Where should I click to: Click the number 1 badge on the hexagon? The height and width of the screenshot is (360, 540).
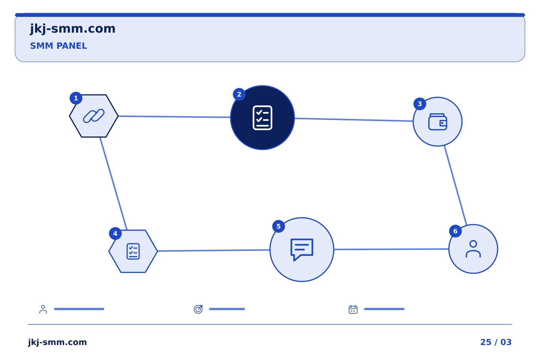[x=76, y=98]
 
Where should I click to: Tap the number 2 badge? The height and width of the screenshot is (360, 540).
[x=239, y=94]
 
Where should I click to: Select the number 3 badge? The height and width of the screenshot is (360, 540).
[x=420, y=104]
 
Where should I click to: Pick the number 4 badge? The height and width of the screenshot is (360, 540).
[x=115, y=233]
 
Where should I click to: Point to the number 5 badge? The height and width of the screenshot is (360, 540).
[x=278, y=226]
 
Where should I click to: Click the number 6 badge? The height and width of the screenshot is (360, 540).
[x=455, y=231]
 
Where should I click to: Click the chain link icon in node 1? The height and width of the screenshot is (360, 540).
[x=94, y=116]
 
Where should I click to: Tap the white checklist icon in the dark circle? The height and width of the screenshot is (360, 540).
[x=262, y=118]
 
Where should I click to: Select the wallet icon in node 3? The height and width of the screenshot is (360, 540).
[x=438, y=122]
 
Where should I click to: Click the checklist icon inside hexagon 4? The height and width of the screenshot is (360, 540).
[x=133, y=251]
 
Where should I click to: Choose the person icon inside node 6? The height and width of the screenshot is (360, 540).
[x=473, y=249]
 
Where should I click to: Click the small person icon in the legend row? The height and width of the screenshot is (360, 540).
[x=43, y=309]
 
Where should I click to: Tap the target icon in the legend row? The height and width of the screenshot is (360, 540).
[x=198, y=309]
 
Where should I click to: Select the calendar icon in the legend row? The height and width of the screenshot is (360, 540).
[x=353, y=309]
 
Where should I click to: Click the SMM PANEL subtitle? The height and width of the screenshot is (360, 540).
[x=58, y=46]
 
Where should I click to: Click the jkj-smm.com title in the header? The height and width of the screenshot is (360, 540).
[x=73, y=29]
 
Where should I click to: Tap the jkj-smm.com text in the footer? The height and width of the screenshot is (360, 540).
[x=57, y=342]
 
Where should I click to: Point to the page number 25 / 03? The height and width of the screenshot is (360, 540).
[x=496, y=342]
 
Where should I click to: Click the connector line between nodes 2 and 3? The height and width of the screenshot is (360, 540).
[x=354, y=120]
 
